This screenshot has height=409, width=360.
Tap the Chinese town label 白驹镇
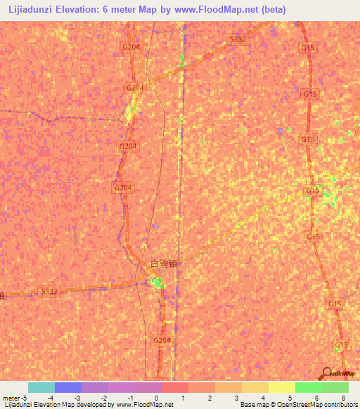pyautogui.click(x=164, y=264)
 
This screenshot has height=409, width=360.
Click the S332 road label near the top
pyautogui.click(x=238, y=40)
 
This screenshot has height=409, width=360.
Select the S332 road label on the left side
pyautogui.click(x=49, y=291)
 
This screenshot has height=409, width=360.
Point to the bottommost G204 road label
pyautogui.click(x=162, y=340)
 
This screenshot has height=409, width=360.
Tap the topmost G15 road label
pyautogui.click(x=307, y=48)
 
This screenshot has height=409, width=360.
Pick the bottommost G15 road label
pyautogui.click(x=342, y=345)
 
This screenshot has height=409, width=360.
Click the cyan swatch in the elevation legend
pyautogui.click(x=41, y=387)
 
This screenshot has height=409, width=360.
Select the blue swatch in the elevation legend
pyautogui.click(x=67, y=387)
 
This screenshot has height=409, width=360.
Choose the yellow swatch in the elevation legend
pyautogui.click(x=281, y=387)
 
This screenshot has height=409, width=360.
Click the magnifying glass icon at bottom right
pyautogui.click(x=326, y=373)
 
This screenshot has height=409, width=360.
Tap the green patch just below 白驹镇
pyautogui.click(x=158, y=283)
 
